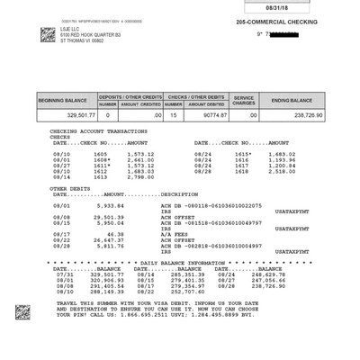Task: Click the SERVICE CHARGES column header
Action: tap(245, 99)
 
